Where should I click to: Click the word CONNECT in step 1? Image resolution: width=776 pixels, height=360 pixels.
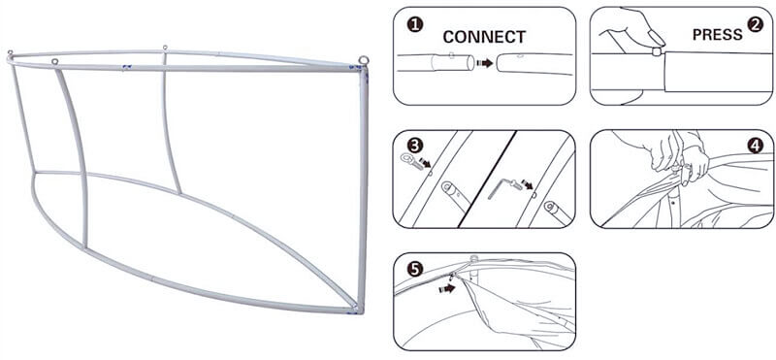[484, 37]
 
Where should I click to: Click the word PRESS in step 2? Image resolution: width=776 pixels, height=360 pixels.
[717, 34]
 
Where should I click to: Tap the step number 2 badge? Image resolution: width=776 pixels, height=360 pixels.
[755, 24]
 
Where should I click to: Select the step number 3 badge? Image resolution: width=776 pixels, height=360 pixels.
[415, 146]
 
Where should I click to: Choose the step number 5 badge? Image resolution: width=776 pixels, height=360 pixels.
[415, 269]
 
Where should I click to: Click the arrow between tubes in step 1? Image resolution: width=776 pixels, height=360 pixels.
[484, 63]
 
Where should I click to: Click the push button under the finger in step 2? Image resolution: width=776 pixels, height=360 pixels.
[657, 51]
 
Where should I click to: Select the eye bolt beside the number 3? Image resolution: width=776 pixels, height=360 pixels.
[409, 160]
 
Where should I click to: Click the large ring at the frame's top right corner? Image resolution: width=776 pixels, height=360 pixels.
[364, 60]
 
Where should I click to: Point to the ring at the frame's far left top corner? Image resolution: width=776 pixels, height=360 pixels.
[10, 52]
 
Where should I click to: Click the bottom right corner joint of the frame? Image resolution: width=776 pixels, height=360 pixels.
[356, 309]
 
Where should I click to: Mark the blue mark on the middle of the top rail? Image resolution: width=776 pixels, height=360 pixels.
[127, 67]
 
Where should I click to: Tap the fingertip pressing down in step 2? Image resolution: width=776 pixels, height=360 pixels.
[656, 38]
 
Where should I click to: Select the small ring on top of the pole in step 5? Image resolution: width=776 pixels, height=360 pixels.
[473, 258]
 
